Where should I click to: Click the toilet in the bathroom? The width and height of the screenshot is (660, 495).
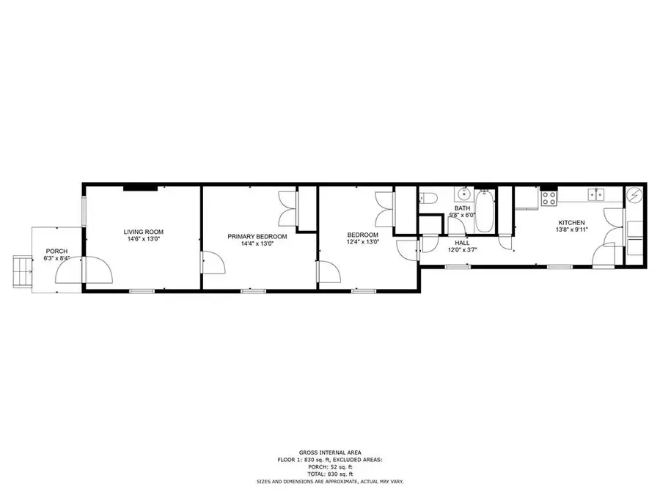[428, 197]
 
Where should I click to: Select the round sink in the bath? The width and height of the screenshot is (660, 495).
[464, 194]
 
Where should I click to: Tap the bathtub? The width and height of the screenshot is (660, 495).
[485, 210]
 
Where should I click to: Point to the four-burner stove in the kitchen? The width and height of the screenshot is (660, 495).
[549, 198]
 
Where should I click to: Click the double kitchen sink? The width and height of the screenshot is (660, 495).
[596, 194]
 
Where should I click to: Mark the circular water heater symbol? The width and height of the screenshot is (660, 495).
[634, 196]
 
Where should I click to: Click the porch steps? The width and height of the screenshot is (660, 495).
[23, 271]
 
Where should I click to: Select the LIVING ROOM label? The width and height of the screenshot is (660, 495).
[144, 232]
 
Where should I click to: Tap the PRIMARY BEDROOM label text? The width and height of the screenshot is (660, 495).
[257, 237]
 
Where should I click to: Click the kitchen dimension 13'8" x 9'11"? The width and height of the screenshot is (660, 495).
[571, 230]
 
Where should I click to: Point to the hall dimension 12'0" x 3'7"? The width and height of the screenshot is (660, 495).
[462, 249]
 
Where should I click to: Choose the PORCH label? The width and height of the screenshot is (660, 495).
[56, 252]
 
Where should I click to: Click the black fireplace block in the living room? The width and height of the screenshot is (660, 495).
[141, 188]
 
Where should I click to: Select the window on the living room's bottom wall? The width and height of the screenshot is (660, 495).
[142, 291]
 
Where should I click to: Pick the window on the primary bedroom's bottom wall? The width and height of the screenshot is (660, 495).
[254, 291]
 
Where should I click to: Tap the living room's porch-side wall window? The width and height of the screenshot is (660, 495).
[84, 211]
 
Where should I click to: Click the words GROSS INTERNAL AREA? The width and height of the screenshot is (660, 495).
[330, 452]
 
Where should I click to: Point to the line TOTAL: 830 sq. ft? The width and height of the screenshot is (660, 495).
[330, 474]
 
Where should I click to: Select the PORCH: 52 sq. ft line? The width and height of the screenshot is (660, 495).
[330, 467]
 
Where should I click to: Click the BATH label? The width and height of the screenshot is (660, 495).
[462, 208]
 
